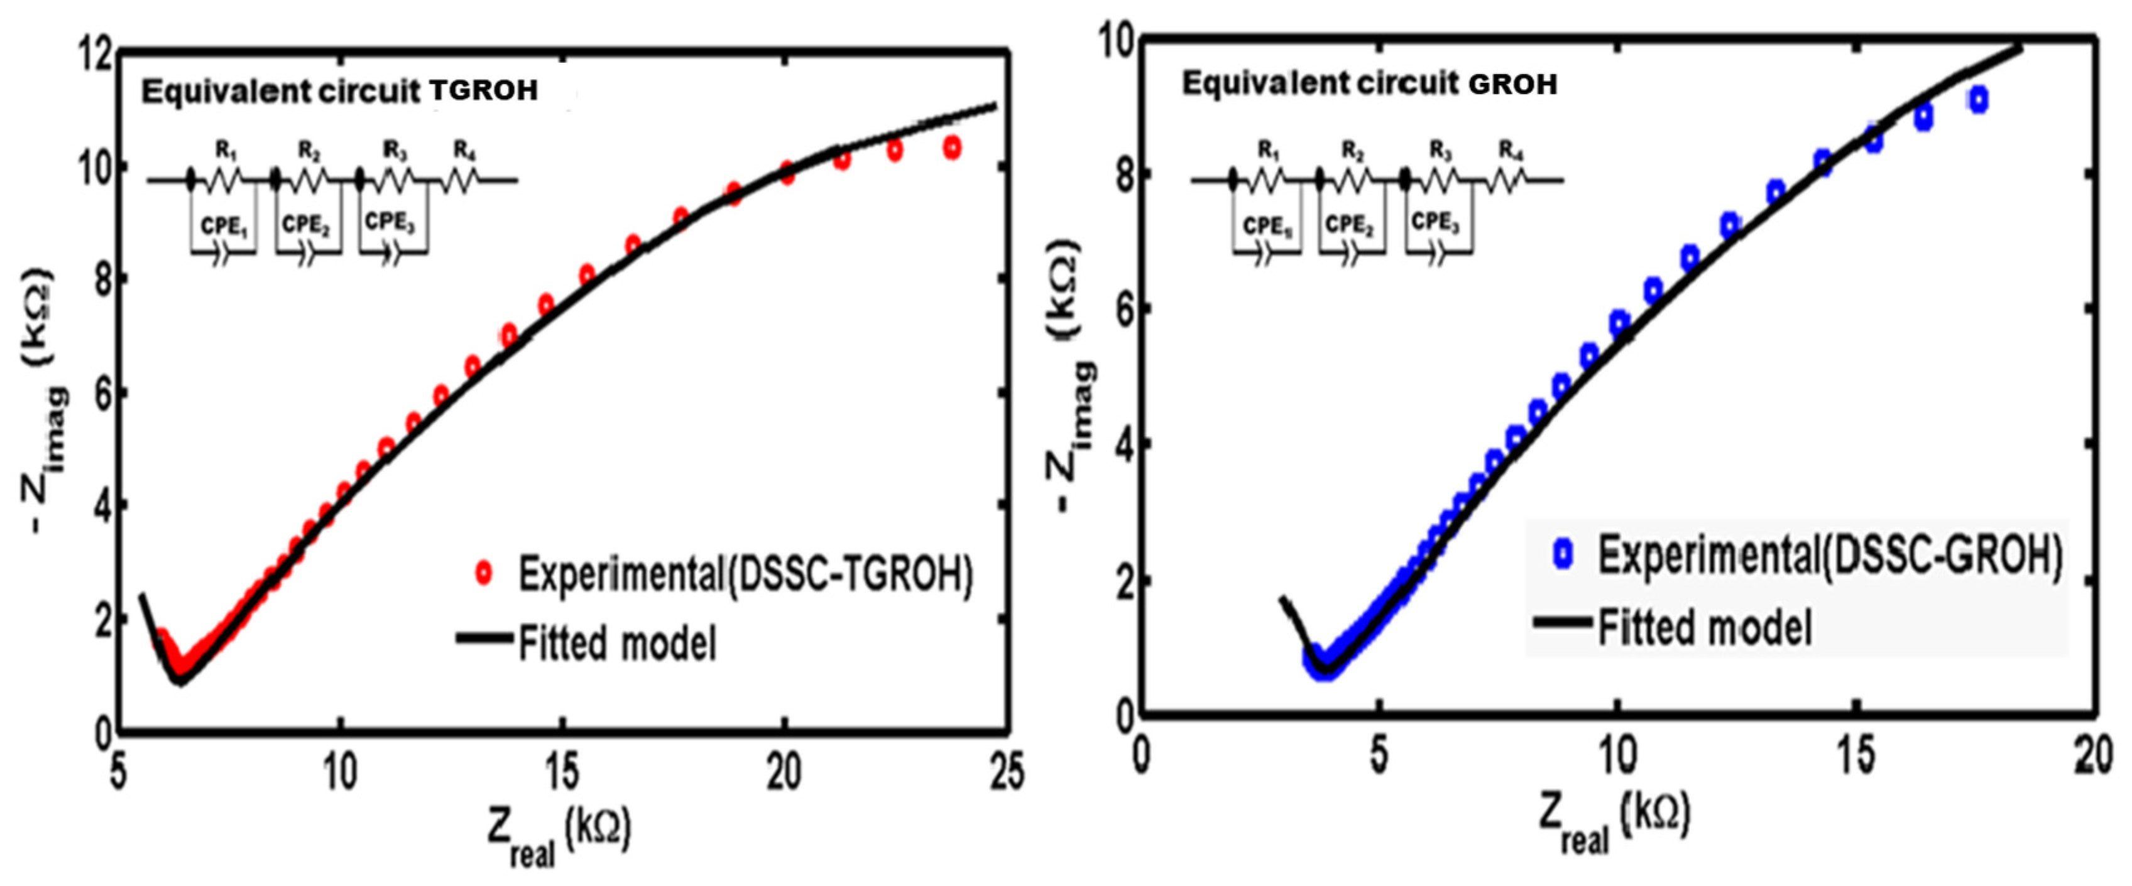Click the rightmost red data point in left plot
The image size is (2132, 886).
tap(953, 148)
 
